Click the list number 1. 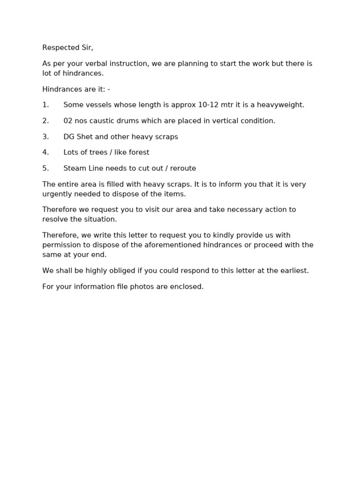click(45, 105)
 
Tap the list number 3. click(45, 137)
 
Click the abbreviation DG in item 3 click(69, 137)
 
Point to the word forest click(138, 152)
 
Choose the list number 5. click(45, 168)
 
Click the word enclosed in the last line click(188, 287)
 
